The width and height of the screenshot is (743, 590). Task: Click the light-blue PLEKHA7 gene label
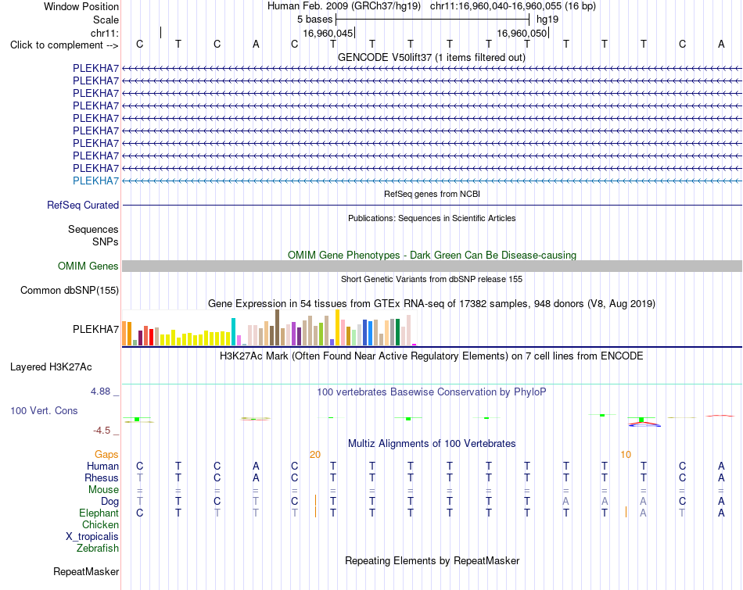95,181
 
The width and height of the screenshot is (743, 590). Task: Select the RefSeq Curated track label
83,205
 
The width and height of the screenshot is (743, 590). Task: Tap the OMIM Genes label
88,266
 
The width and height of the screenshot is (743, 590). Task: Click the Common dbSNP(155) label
70,290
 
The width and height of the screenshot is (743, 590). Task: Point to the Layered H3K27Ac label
51,367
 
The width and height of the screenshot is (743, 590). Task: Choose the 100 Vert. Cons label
44,410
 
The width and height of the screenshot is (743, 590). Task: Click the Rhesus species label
102,477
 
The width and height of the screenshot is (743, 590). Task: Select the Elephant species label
99,513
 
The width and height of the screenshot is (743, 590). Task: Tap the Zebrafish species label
98,549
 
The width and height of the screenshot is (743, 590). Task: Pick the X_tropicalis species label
92,537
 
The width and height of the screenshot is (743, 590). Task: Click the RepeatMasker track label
86,572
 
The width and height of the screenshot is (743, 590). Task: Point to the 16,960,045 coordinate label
328,33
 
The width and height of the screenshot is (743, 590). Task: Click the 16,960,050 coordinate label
522,33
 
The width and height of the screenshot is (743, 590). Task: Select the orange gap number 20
315,455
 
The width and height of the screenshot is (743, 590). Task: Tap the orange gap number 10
626,455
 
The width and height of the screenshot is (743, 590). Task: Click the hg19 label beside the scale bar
547,20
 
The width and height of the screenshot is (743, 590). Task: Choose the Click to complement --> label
64,45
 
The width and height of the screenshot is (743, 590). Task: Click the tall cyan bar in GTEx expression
233,331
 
